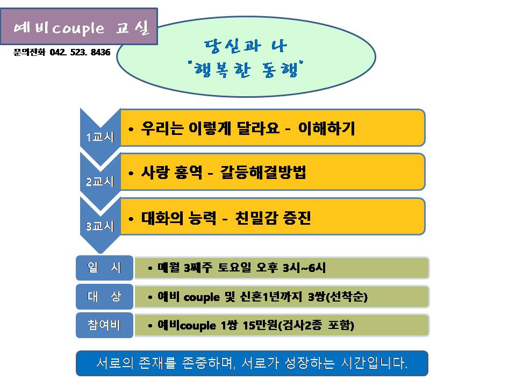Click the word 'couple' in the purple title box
pyautogui.click(x=78, y=29)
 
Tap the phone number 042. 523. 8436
pyautogui.click(x=80, y=52)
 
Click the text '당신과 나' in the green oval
pyautogui.click(x=246, y=46)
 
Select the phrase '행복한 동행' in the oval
pyautogui.click(x=246, y=69)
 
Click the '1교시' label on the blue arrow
pyautogui.click(x=100, y=137)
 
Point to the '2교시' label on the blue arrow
pyautogui.click(x=100, y=182)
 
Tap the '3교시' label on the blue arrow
pyautogui.click(x=100, y=226)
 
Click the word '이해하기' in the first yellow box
pyautogui.click(x=326, y=128)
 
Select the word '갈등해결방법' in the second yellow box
pyautogui.click(x=263, y=172)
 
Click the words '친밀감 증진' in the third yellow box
pyautogui.click(x=273, y=218)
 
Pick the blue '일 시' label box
pyautogui.click(x=105, y=268)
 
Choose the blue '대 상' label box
pyautogui.click(x=105, y=297)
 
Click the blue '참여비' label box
pyautogui.click(x=105, y=325)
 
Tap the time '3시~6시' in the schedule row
pyautogui.click(x=304, y=268)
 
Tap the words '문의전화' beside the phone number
pyautogui.click(x=29, y=52)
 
